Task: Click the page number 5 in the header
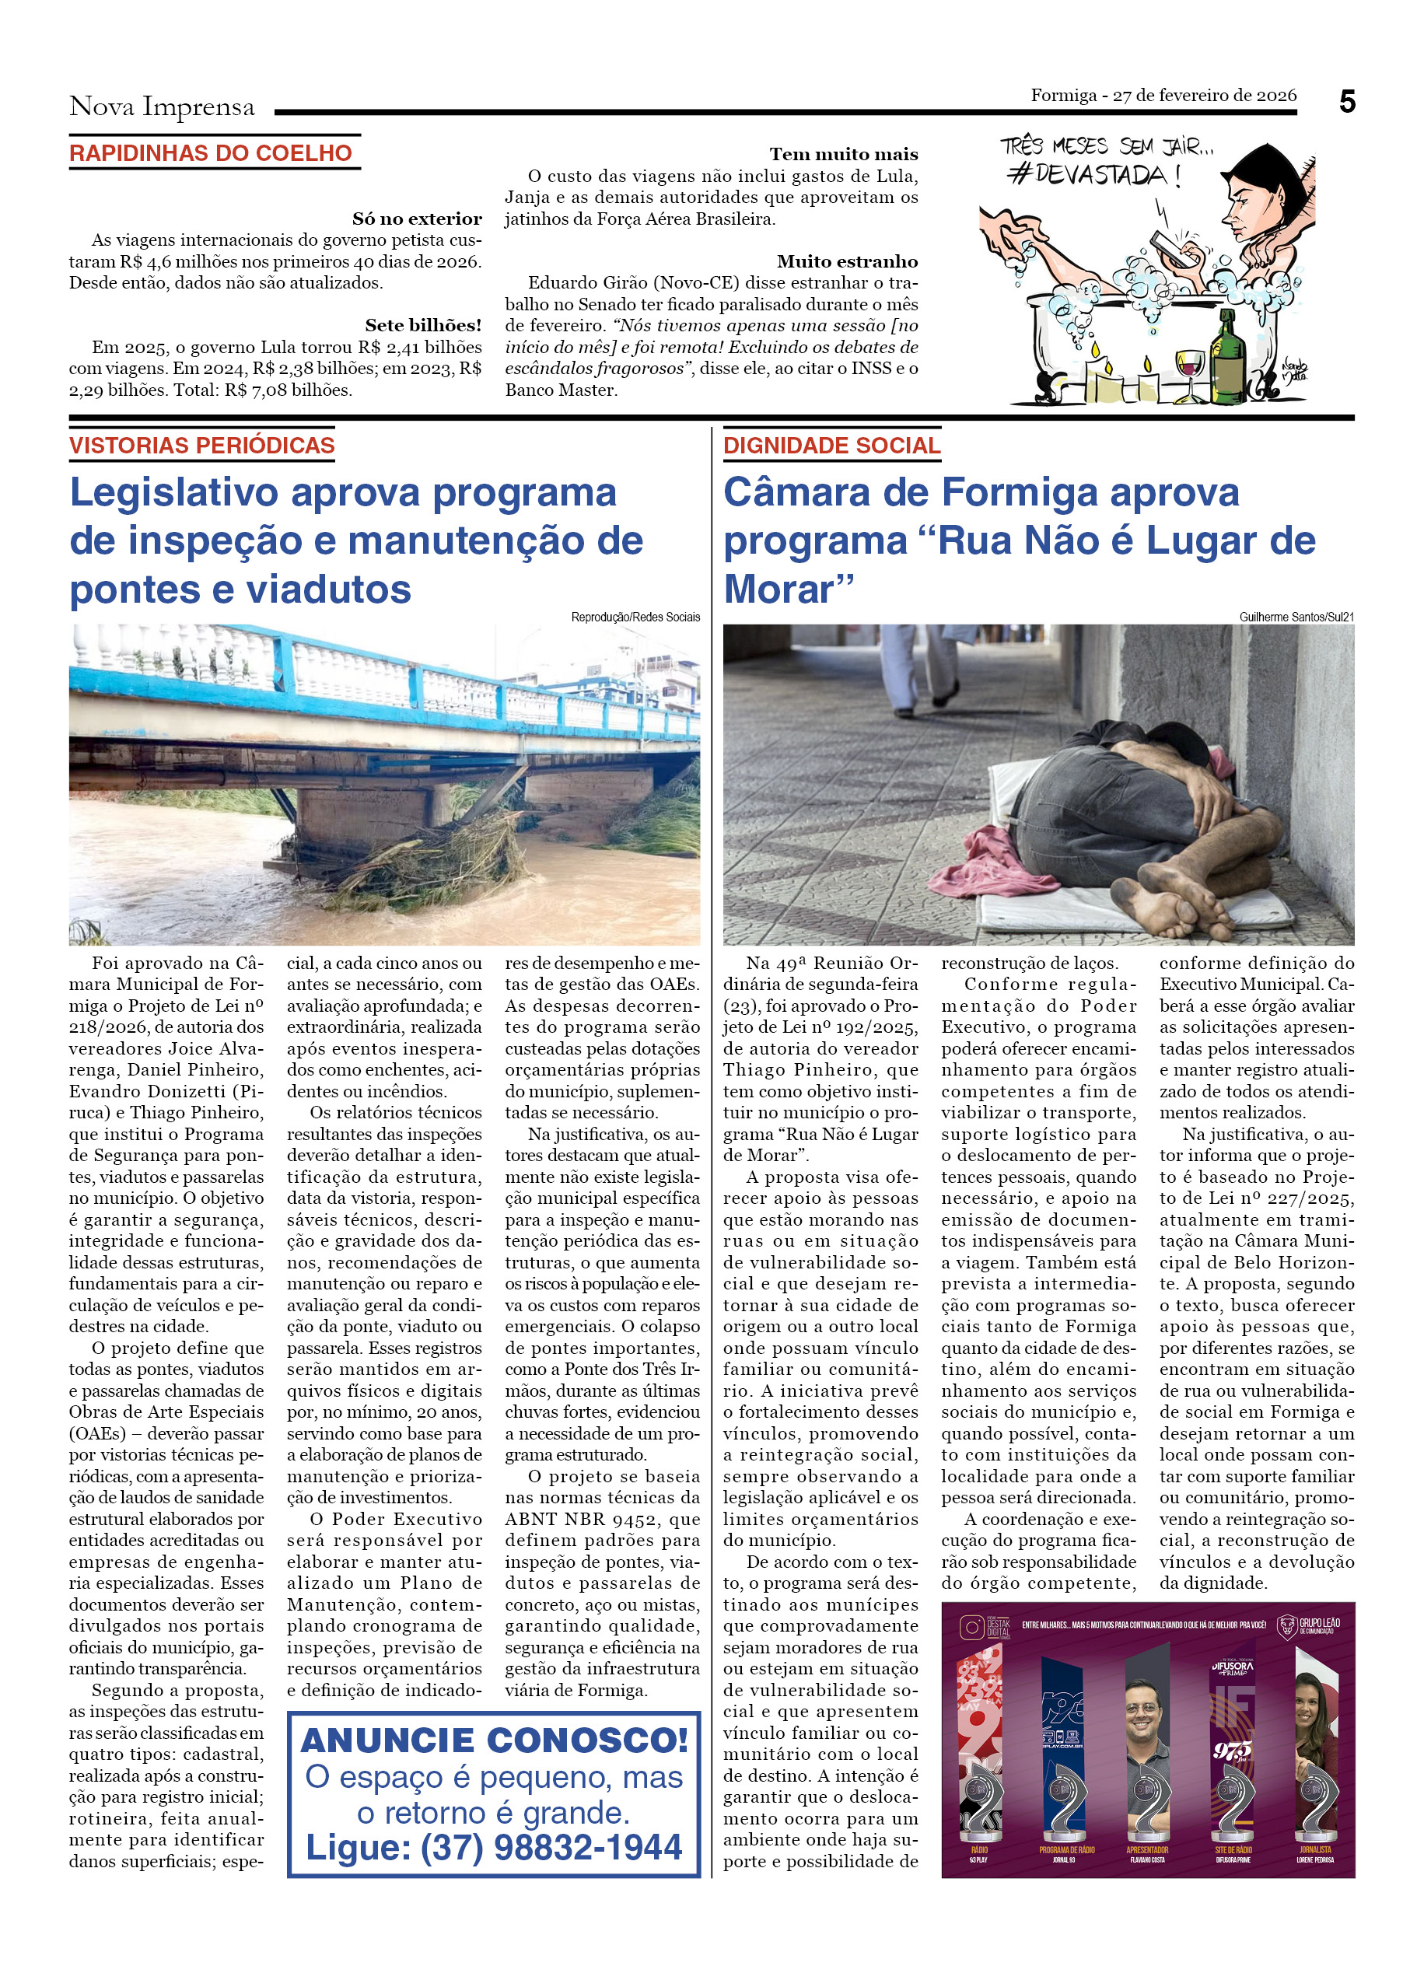click(x=1346, y=103)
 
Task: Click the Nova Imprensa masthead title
click(x=162, y=107)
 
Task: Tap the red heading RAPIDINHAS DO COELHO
click(x=211, y=153)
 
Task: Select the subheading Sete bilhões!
click(x=423, y=325)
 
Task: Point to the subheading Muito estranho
click(x=847, y=261)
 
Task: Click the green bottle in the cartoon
click(x=1227, y=355)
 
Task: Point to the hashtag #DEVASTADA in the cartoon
click(x=1093, y=175)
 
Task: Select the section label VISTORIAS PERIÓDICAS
click(x=202, y=446)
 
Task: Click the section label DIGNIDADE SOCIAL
click(x=831, y=446)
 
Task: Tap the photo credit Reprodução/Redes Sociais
click(x=635, y=617)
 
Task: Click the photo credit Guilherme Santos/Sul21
click(x=1296, y=617)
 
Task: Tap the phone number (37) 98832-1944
click(x=551, y=1847)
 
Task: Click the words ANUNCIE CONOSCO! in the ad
click(x=494, y=1740)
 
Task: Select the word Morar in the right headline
click(x=778, y=589)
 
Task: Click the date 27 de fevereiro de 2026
click(x=1204, y=96)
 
